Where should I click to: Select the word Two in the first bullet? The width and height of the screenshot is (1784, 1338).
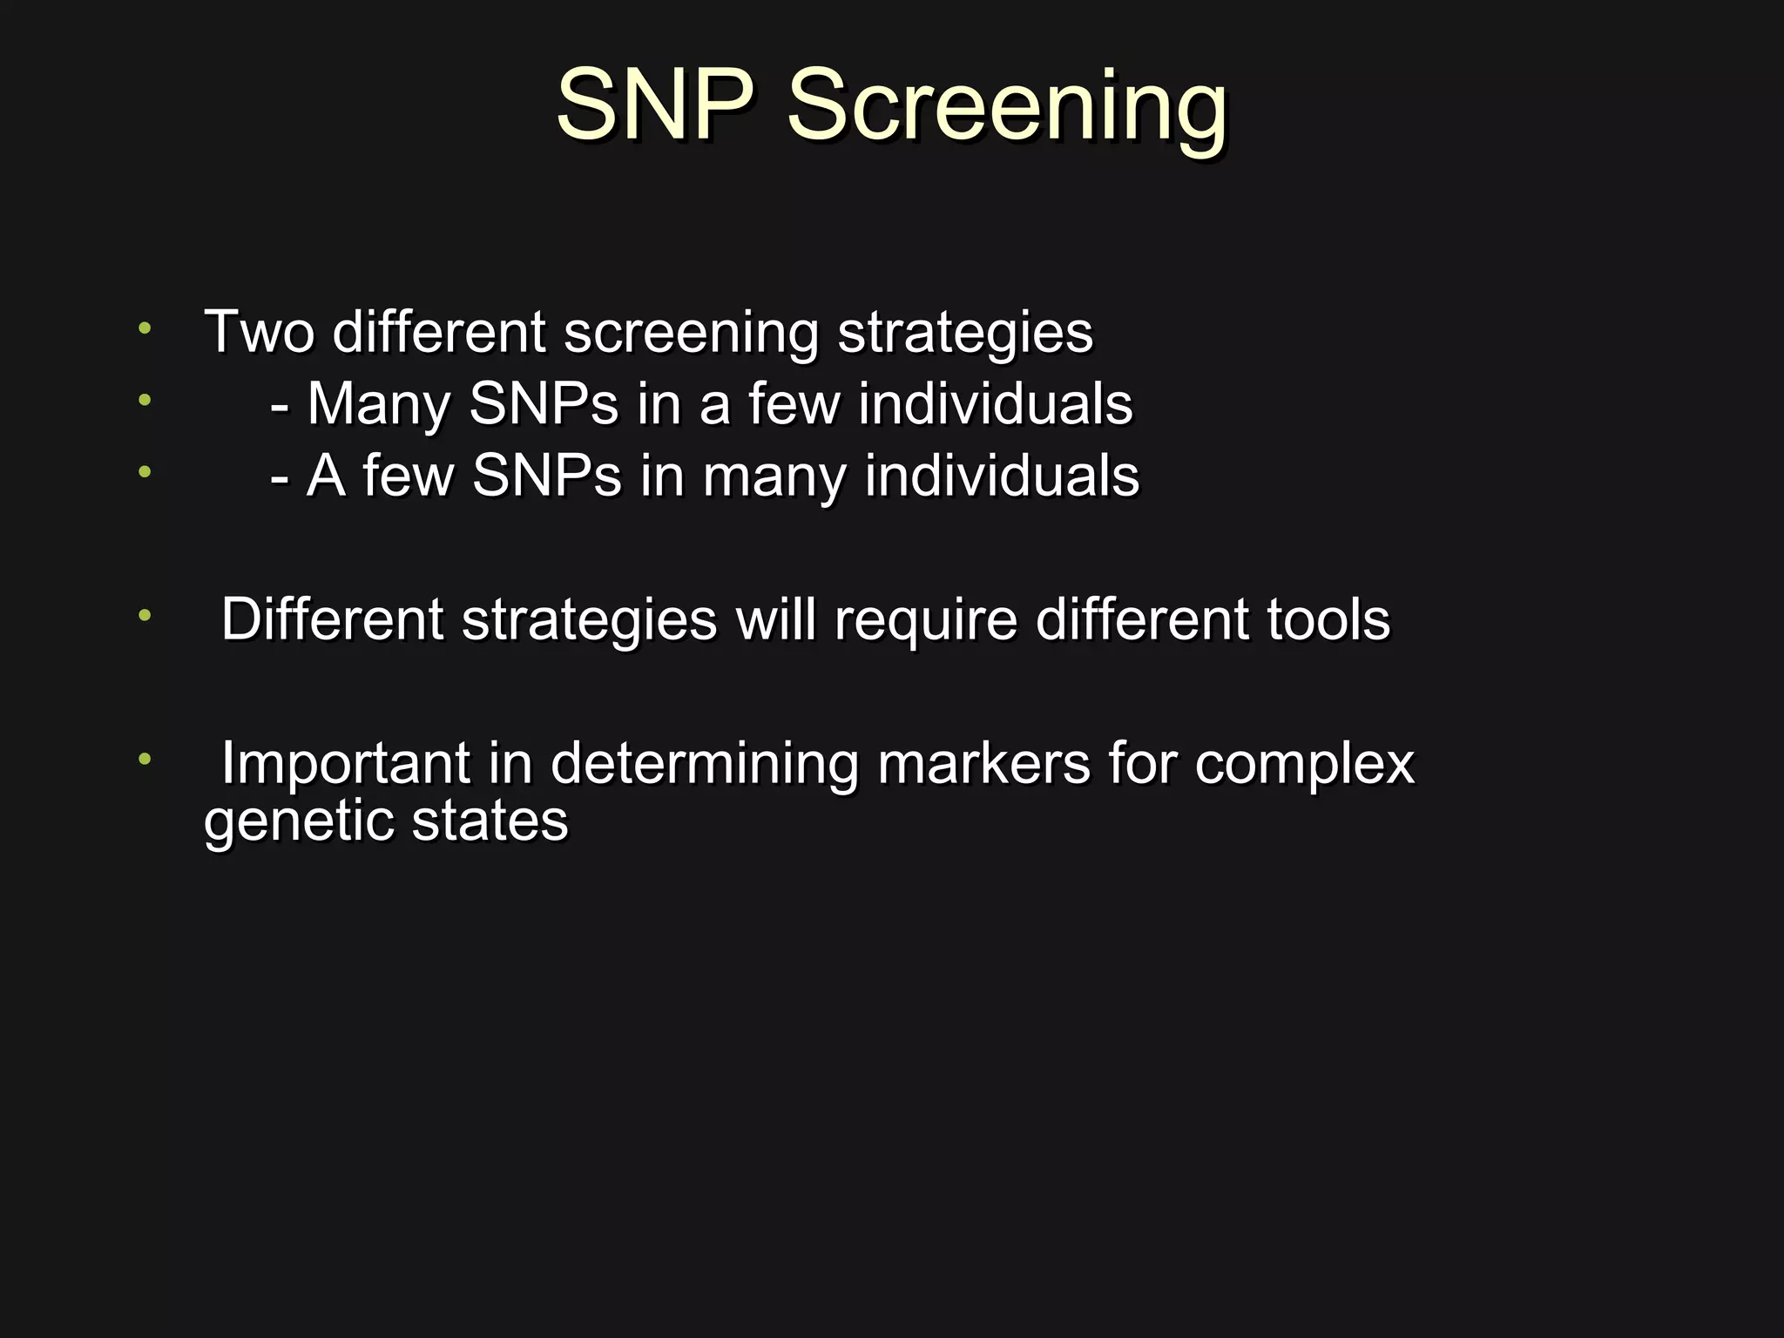[259, 332]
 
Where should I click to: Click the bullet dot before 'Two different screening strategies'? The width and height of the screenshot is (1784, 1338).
[145, 328]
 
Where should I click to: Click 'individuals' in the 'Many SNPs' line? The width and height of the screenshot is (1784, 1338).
[995, 404]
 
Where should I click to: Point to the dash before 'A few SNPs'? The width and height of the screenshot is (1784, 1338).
[280, 477]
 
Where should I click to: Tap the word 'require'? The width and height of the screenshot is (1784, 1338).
[926, 621]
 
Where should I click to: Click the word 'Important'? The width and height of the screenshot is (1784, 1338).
[345, 763]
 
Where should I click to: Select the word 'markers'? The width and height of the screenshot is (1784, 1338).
[983, 763]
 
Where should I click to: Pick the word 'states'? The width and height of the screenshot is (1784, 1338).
[490, 821]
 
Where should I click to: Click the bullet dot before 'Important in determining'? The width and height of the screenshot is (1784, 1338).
[145, 759]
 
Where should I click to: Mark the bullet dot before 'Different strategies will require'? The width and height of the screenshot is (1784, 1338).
[145, 616]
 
